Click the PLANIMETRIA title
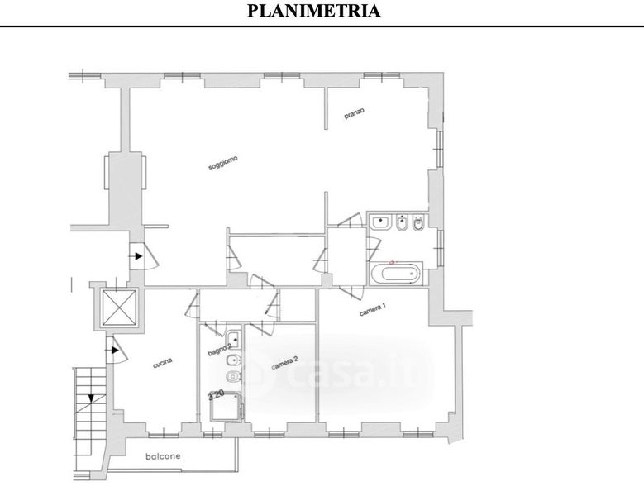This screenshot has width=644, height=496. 314,11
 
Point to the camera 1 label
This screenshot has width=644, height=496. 374,312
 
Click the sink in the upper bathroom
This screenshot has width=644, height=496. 382,222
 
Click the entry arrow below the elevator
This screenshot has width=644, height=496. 116,353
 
